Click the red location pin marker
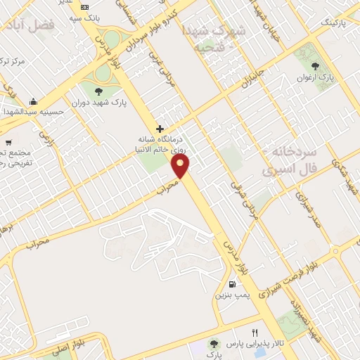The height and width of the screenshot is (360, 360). point(181,166)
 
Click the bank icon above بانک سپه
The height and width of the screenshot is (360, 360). point(85,7)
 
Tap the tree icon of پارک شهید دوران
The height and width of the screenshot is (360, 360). point(96,90)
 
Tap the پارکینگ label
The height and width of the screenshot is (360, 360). point(335,22)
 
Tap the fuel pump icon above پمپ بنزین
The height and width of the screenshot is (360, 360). point(231,285)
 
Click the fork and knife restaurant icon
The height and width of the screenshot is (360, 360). point(255,332)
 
